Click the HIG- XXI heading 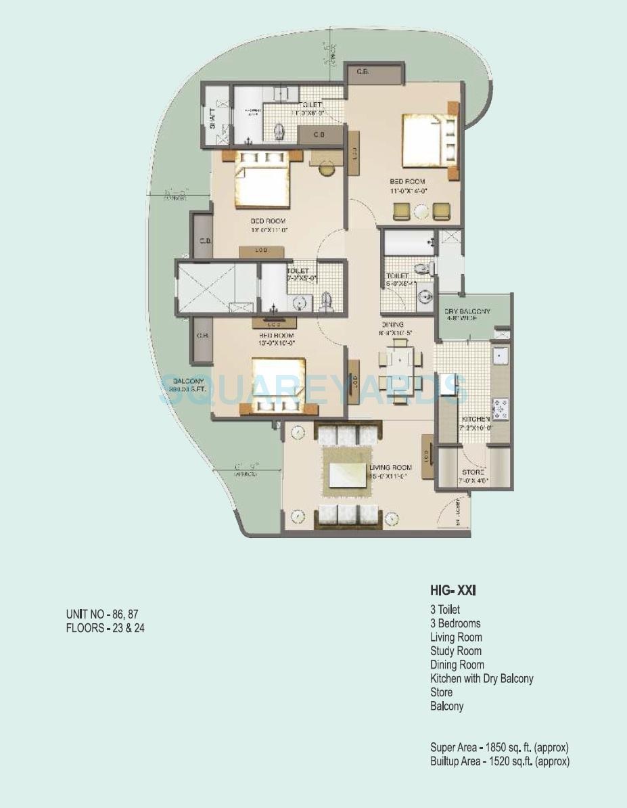[x=452, y=591]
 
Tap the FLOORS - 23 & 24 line [x=105, y=628]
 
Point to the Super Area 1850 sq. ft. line [x=499, y=748]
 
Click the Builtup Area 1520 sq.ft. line [x=499, y=761]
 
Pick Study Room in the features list [x=455, y=651]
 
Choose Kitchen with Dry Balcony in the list [x=481, y=678]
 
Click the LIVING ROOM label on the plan [x=390, y=468]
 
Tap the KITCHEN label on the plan [x=476, y=420]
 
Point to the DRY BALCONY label [x=467, y=311]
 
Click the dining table [x=400, y=369]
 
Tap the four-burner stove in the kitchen [x=500, y=408]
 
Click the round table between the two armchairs [x=421, y=212]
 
